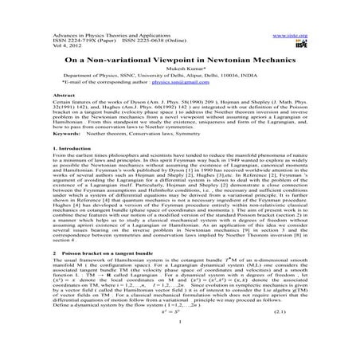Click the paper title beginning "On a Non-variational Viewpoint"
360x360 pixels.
179,60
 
